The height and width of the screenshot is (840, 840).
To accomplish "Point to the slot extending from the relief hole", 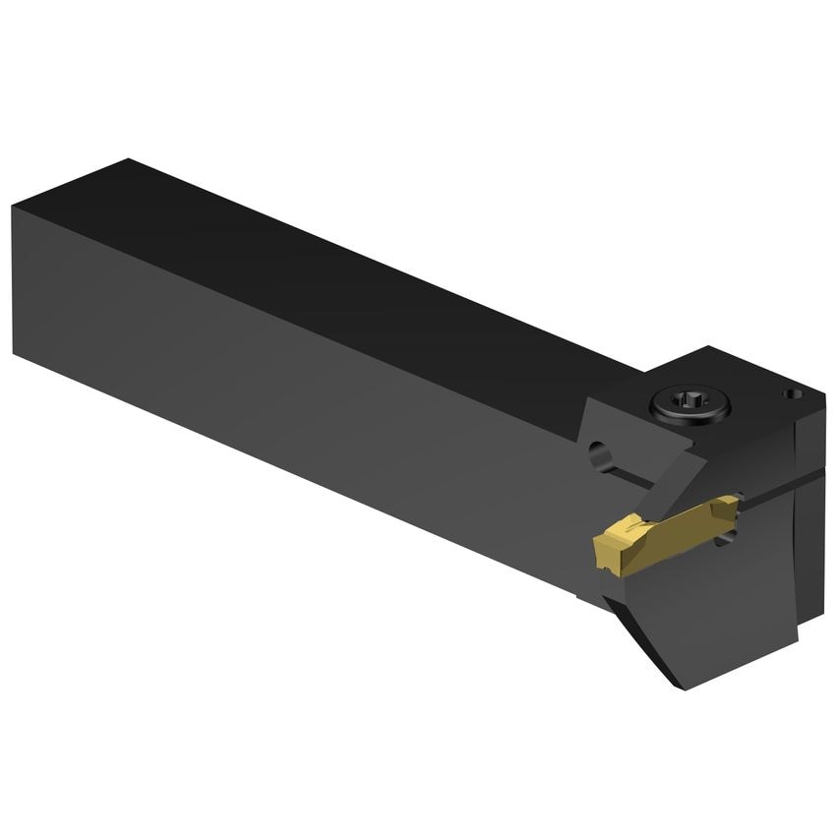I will [630, 477].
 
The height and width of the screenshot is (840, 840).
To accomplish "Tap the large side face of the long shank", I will [295, 393].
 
